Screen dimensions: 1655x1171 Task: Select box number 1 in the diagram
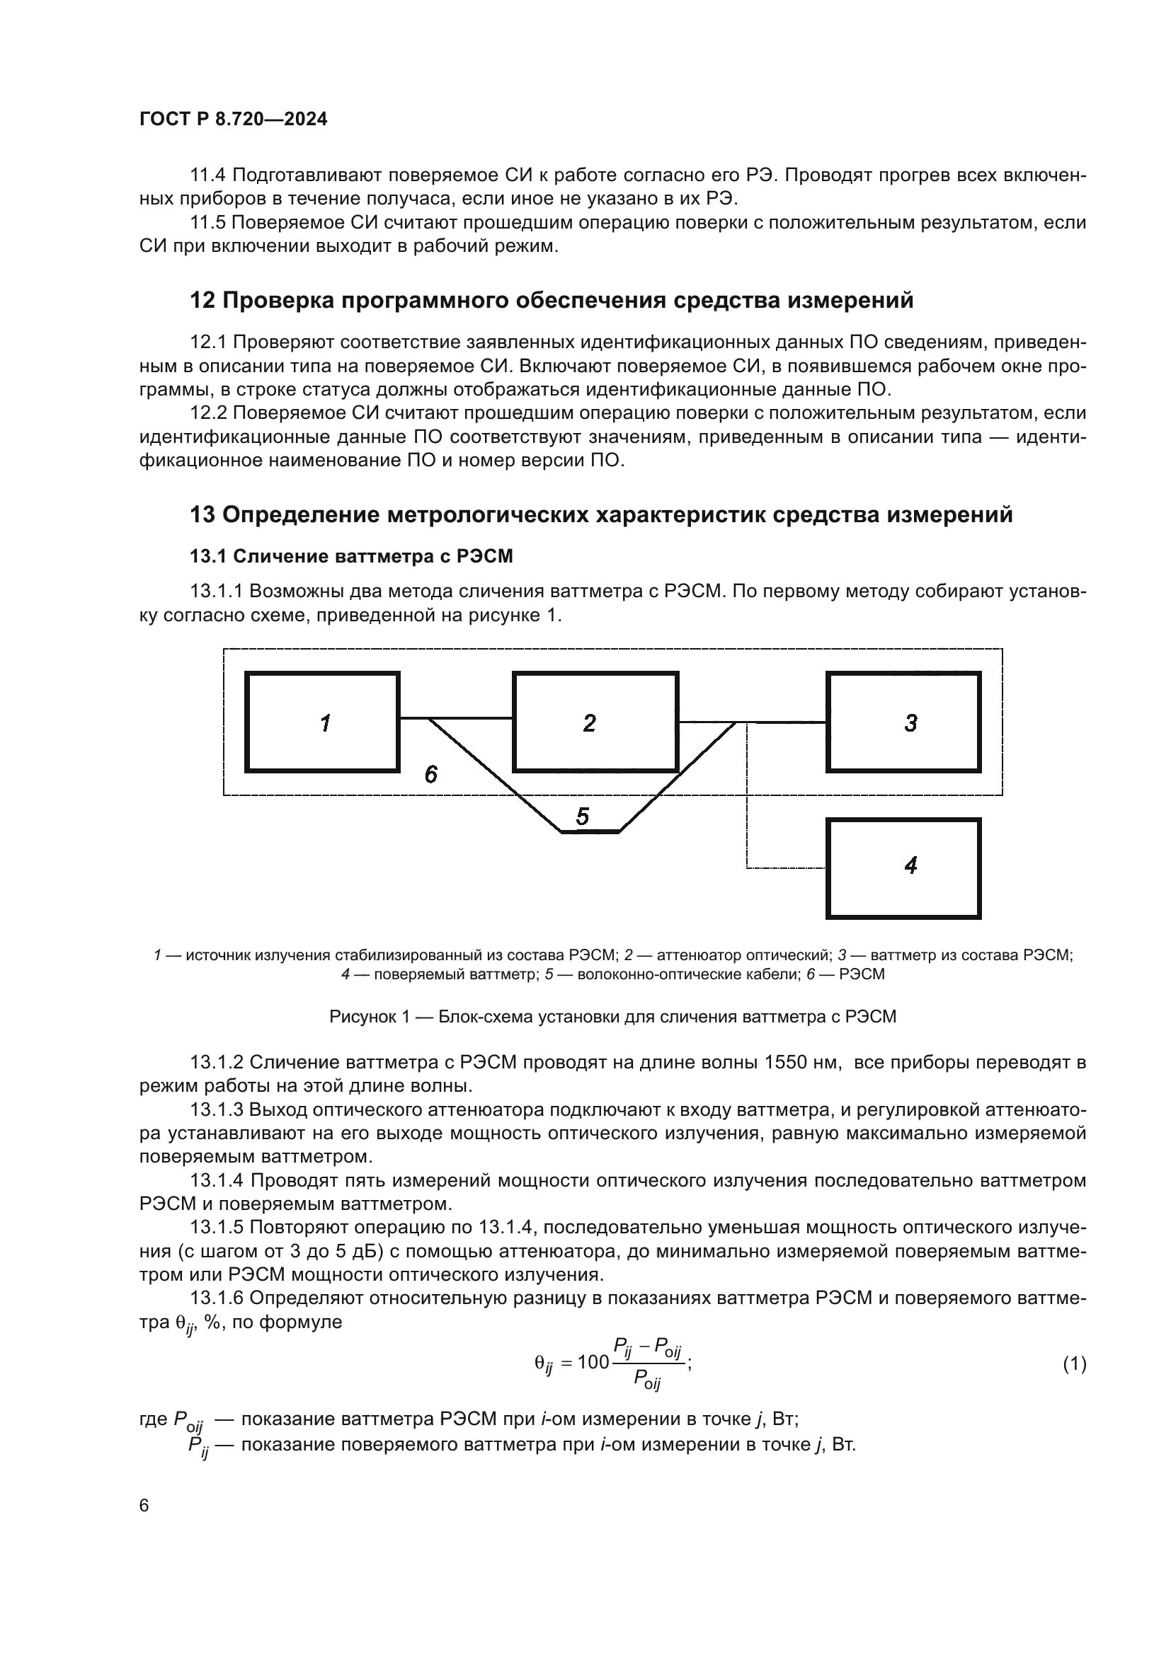point(322,722)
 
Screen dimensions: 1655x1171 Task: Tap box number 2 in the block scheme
point(595,722)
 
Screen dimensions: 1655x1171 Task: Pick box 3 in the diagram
point(903,722)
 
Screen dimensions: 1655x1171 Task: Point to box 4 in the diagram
point(903,868)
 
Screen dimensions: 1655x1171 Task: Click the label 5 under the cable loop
point(583,817)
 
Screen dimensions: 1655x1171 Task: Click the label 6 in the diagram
point(431,774)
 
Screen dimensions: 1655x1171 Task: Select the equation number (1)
point(1075,1363)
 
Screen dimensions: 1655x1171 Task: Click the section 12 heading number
point(202,301)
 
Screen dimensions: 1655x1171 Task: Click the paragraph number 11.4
point(207,176)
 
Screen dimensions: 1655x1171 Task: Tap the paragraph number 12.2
point(207,414)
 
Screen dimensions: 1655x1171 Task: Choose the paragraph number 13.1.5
point(218,1228)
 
